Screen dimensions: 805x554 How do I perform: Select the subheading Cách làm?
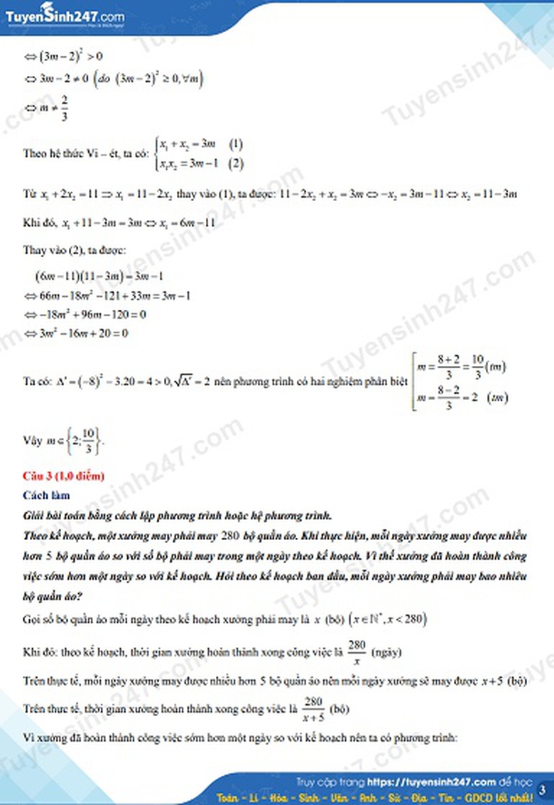tap(47, 495)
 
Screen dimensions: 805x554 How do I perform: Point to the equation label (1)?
tap(236, 144)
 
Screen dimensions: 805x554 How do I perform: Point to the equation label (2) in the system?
tap(236, 163)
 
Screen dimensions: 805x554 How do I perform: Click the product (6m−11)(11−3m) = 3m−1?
tap(100, 276)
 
